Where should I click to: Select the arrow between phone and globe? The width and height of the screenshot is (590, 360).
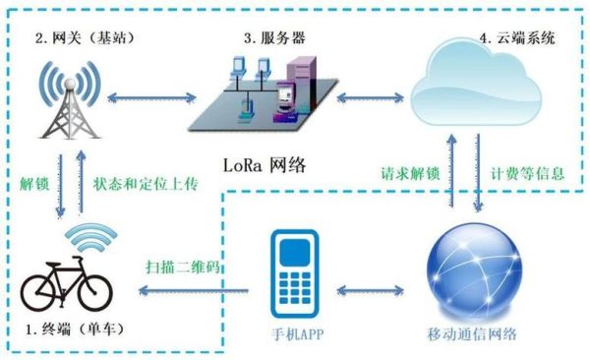378,291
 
